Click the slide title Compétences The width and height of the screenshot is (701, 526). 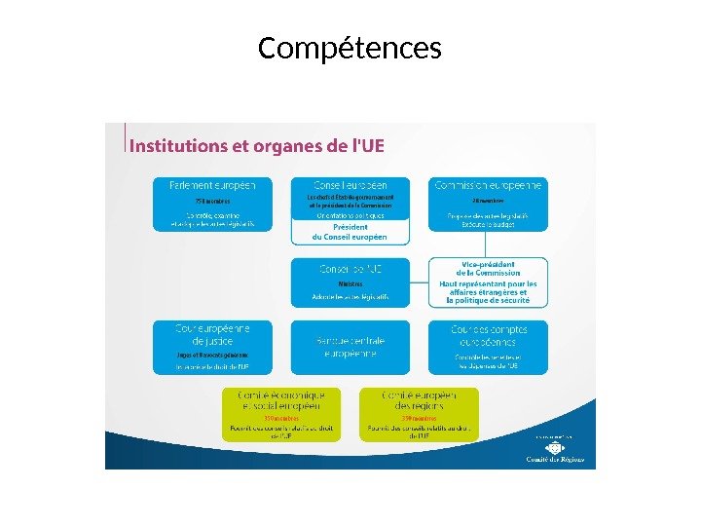click(350, 48)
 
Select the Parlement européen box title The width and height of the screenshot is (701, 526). click(213, 185)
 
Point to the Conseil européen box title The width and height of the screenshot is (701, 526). click(350, 185)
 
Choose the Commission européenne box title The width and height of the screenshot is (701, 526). click(489, 185)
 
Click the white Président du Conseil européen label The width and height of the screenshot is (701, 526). click(350, 232)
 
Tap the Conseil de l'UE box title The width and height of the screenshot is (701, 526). click(350, 268)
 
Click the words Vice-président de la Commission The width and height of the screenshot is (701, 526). click(489, 269)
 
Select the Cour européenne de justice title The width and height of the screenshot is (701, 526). click(213, 335)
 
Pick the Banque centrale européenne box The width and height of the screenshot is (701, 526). click(350, 347)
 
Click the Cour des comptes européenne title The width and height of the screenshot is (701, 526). click(489, 336)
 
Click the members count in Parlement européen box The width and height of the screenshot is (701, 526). click(185, 202)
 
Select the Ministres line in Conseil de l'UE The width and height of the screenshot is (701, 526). click(350, 283)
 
